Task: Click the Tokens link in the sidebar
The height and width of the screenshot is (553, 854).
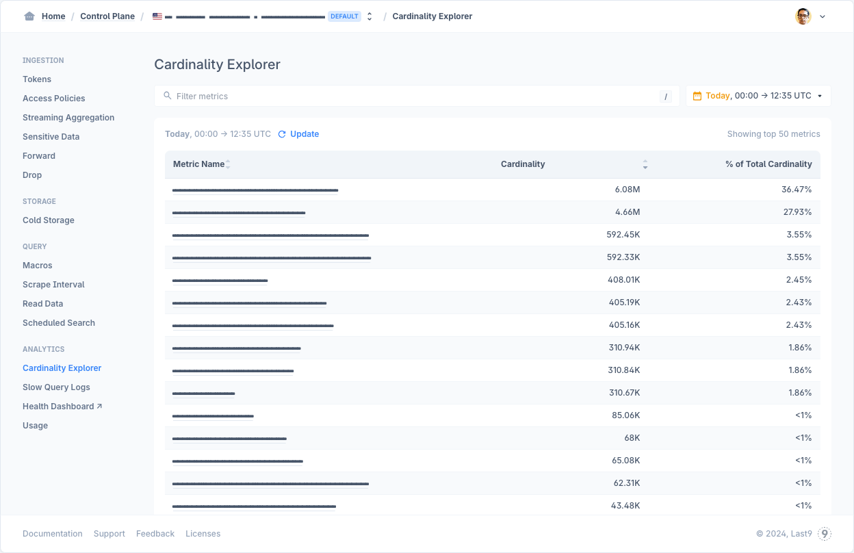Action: tap(37, 79)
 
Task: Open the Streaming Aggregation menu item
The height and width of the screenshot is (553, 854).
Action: tap(68, 118)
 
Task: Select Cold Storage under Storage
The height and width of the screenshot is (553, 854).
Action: tap(49, 220)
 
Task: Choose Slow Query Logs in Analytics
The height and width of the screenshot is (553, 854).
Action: tap(56, 387)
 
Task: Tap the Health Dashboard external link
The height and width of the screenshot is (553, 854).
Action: tap(62, 407)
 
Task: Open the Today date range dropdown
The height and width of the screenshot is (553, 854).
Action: tap(758, 96)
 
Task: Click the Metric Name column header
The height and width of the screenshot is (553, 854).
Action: tap(199, 164)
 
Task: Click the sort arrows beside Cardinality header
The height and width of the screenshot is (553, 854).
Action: tap(645, 164)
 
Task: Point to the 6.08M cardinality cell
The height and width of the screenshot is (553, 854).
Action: tap(627, 190)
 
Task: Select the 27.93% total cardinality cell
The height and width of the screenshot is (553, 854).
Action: tap(797, 212)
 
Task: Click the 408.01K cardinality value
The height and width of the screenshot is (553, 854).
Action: tap(624, 280)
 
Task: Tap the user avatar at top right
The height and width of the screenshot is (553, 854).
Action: tap(803, 16)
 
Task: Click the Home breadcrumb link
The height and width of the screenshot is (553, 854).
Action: tap(53, 16)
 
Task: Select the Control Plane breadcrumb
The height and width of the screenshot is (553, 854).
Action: tap(107, 16)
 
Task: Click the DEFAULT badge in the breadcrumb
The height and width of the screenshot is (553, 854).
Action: tap(344, 16)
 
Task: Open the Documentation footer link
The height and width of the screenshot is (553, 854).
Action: tap(53, 534)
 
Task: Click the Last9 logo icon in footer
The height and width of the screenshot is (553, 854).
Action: tap(825, 534)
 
